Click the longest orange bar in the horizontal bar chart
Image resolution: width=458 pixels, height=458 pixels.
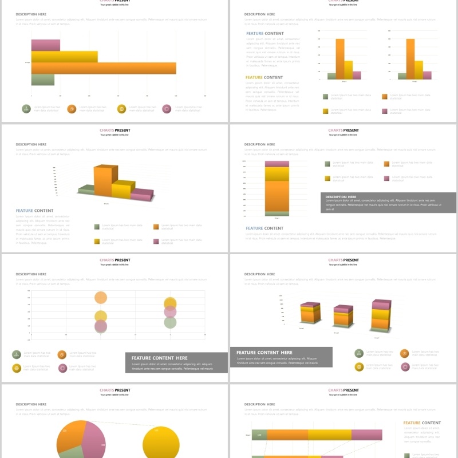(x=103, y=68)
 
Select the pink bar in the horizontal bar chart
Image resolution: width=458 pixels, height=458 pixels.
(x=45, y=45)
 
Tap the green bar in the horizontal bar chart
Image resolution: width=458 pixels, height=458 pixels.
(x=42, y=80)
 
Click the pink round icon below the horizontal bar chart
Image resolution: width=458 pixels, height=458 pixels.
(x=167, y=109)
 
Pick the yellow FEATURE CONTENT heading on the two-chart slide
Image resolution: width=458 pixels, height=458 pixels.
(x=264, y=77)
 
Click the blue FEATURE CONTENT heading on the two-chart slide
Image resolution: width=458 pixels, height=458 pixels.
(x=264, y=34)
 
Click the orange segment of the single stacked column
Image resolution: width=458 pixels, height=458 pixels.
(x=277, y=196)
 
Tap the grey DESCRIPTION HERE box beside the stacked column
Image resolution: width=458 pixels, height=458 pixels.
(x=388, y=203)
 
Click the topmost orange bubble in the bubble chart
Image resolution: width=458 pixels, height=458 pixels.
(x=101, y=297)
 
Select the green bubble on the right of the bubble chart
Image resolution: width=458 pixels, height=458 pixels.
(x=170, y=322)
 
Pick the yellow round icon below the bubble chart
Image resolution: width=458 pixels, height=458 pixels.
(x=17, y=368)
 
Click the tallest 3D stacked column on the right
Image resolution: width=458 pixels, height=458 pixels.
(x=381, y=315)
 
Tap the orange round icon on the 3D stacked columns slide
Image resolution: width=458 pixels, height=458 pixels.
(x=404, y=354)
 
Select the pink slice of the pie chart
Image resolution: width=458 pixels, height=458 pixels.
(x=94, y=438)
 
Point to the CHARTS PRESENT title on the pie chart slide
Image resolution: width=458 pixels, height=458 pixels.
(x=114, y=390)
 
